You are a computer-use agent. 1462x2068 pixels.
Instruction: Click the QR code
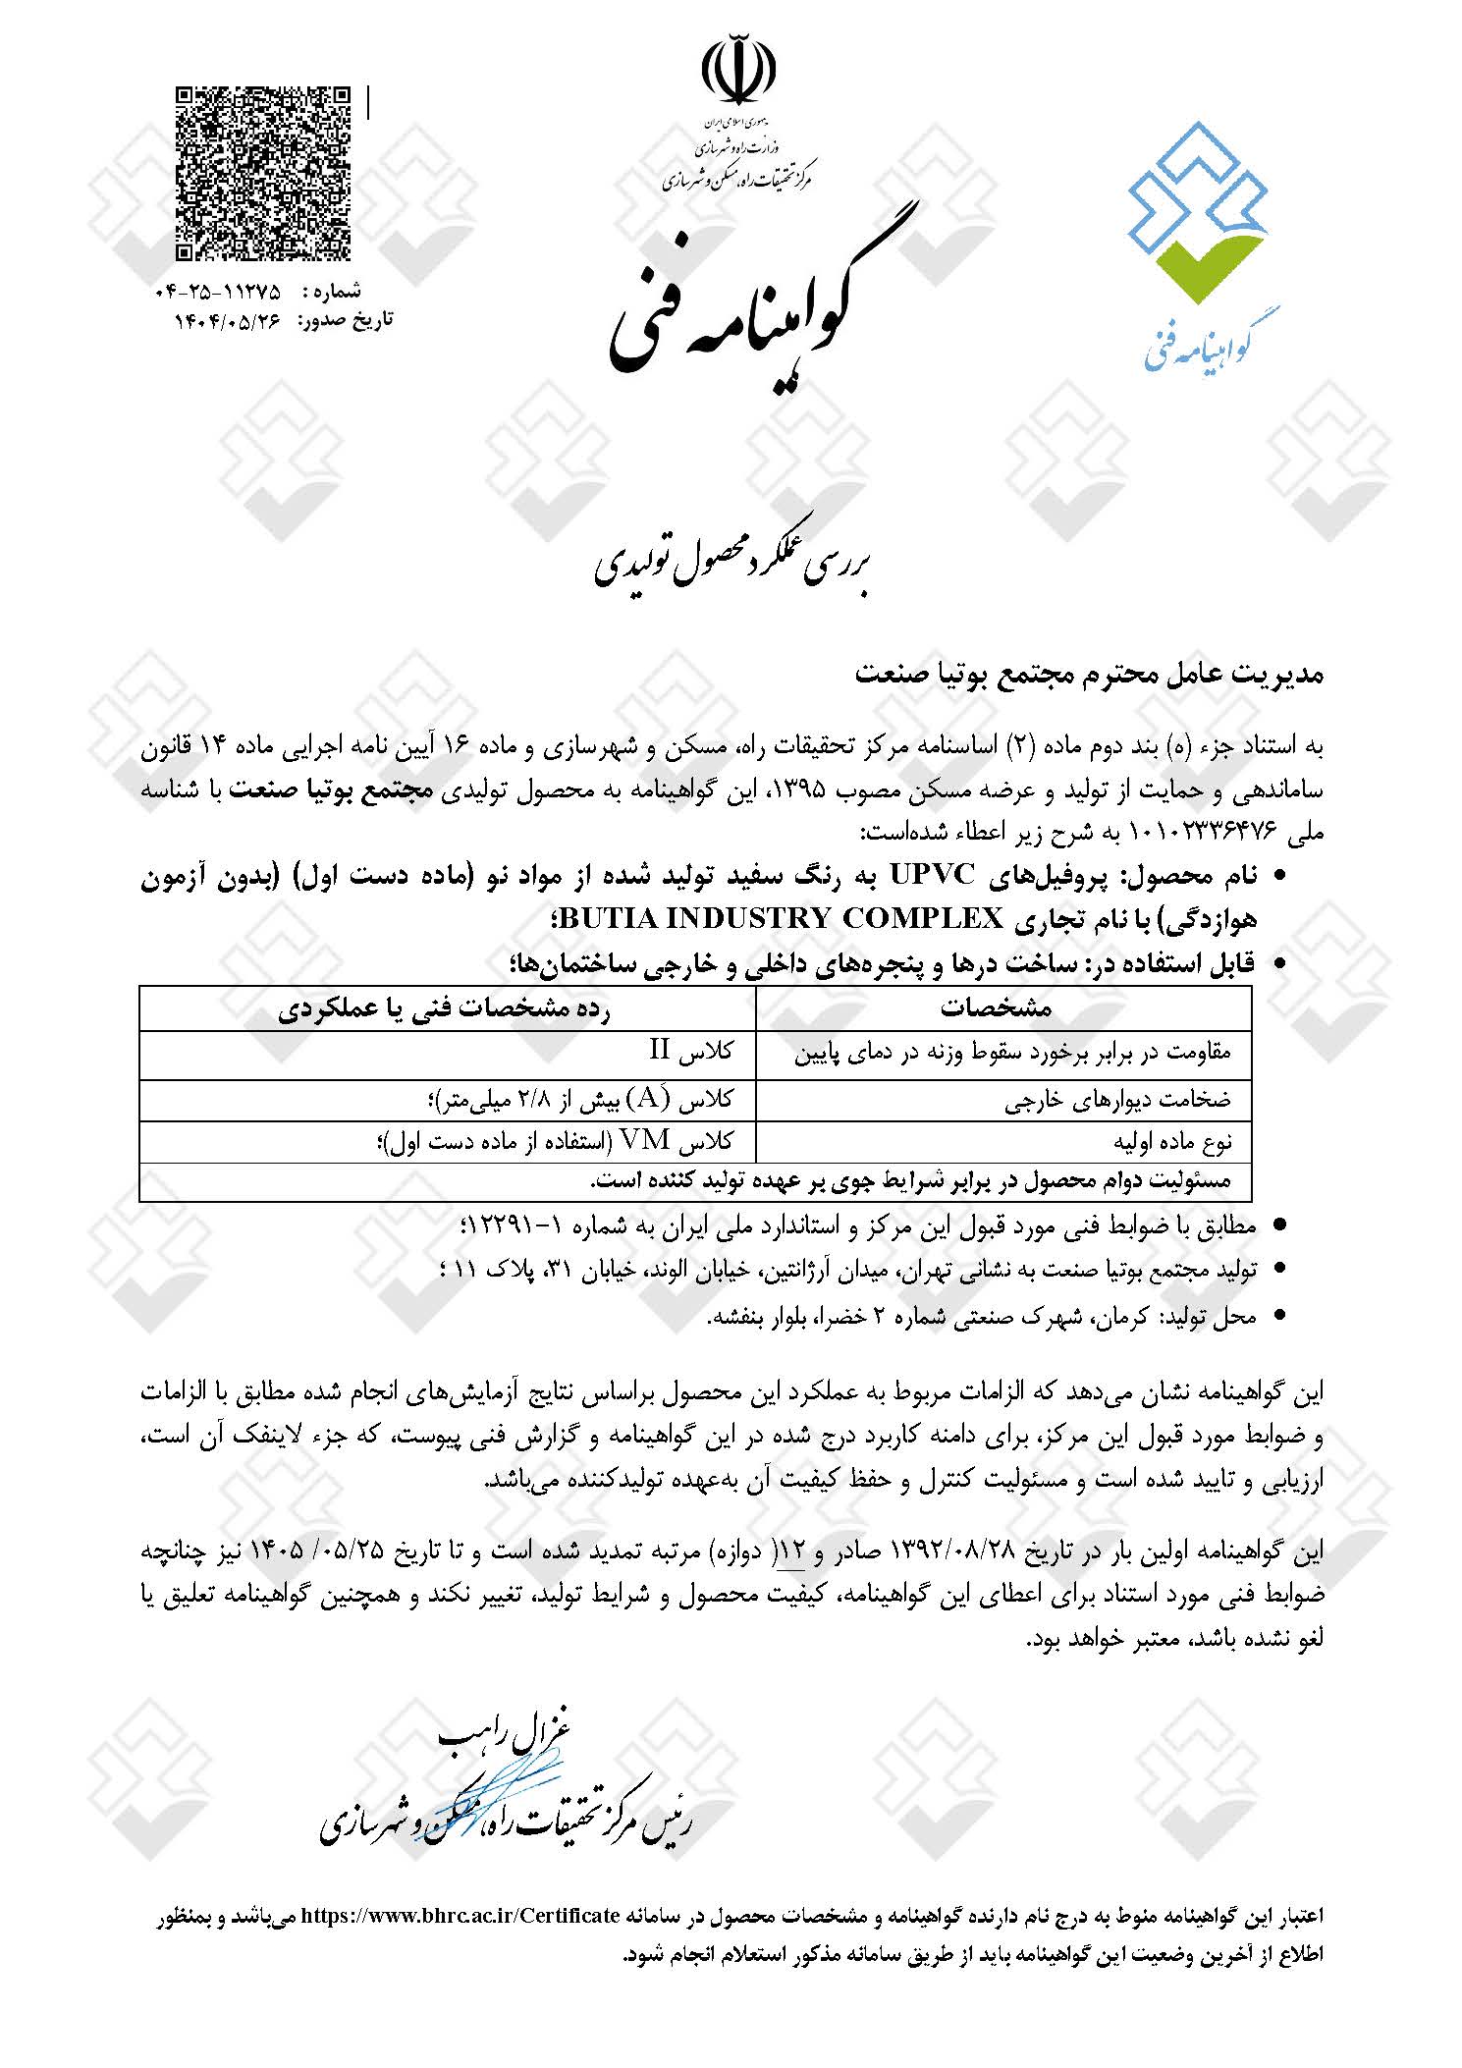(262, 175)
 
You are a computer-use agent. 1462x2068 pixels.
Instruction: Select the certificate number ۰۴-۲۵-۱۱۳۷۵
(217, 293)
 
